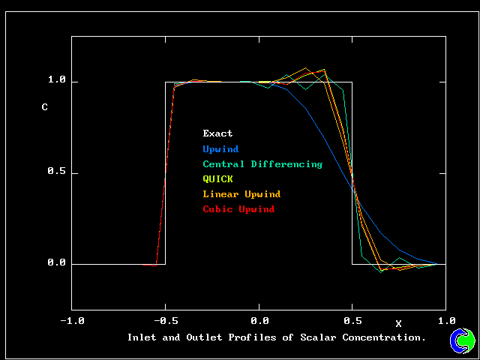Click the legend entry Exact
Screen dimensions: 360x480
tap(217, 134)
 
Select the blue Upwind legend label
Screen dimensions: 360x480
tap(220, 149)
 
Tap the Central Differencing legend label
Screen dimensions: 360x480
tap(262, 164)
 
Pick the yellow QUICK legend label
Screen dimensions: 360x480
tap(217, 179)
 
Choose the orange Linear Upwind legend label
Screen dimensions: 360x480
tap(241, 194)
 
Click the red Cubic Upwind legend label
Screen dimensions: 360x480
tap(238, 209)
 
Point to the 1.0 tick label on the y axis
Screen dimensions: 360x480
tap(57, 80)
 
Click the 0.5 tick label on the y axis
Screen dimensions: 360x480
tap(57, 172)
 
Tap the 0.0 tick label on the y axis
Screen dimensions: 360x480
tap(57, 264)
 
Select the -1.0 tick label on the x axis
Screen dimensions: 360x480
tap(72, 320)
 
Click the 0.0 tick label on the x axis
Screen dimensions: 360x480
tap(259, 320)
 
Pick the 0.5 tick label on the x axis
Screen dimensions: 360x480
tap(352, 320)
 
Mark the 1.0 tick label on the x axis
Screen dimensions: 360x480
tap(447, 320)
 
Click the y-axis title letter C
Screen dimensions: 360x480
tap(44, 107)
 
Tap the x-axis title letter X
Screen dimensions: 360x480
tap(398, 324)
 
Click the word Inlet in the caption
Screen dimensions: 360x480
tap(142, 337)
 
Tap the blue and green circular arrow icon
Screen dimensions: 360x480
tap(463, 340)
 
